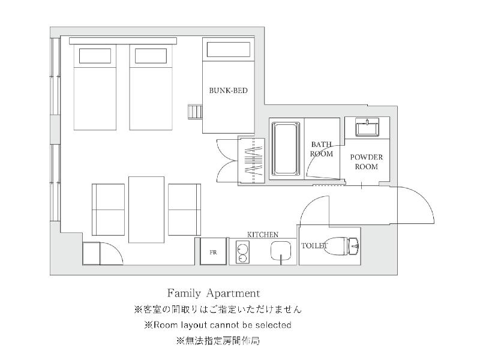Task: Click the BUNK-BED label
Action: (x=228, y=91)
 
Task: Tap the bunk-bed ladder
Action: (x=196, y=112)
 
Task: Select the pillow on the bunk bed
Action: (x=229, y=50)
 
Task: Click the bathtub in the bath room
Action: (x=286, y=149)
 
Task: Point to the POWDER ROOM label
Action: (x=367, y=162)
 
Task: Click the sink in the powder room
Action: (x=367, y=127)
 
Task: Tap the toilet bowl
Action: (x=342, y=246)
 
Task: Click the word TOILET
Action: (x=314, y=245)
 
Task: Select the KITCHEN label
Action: (x=263, y=235)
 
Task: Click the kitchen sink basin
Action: (x=281, y=250)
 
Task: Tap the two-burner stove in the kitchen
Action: (x=242, y=252)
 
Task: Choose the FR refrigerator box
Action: (x=214, y=251)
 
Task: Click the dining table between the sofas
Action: (x=146, y=209)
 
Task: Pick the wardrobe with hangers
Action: (x=251, y=161)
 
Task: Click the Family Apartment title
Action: (x=214, y=293)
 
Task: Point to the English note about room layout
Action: (x=218, y=325)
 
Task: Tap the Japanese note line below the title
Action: (x=218, y=309)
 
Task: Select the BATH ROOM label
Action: (x=321, y=149)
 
